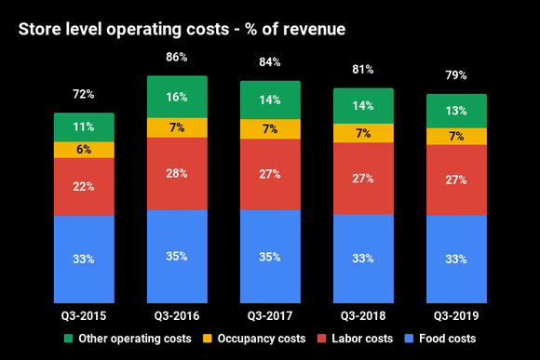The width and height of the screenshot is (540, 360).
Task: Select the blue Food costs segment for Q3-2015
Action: point(84,258)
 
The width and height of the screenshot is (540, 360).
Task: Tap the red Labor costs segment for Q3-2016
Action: point(177,173)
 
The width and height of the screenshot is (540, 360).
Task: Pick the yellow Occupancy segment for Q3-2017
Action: point(270,128)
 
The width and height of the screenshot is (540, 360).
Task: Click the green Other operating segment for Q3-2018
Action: point(363,106)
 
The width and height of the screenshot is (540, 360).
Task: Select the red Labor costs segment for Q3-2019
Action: point(456,180)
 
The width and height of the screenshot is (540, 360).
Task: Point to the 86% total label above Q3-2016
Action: point(177,58)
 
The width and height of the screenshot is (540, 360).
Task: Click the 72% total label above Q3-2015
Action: point(84,95)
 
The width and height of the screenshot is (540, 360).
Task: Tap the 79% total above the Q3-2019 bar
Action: point(456,75)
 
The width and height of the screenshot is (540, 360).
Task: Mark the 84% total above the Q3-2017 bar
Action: point(270,62)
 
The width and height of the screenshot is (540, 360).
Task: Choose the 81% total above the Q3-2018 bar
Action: point(363,70)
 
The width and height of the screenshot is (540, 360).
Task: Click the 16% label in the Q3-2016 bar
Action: point(177,97)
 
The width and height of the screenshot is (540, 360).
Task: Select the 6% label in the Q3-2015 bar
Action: point(84,150)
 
